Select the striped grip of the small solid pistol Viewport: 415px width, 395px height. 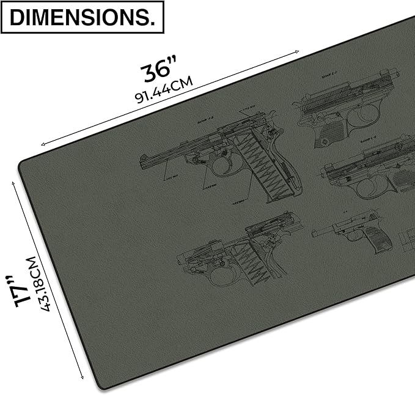pos(373,240)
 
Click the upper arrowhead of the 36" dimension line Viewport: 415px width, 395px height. pos(299,53)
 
